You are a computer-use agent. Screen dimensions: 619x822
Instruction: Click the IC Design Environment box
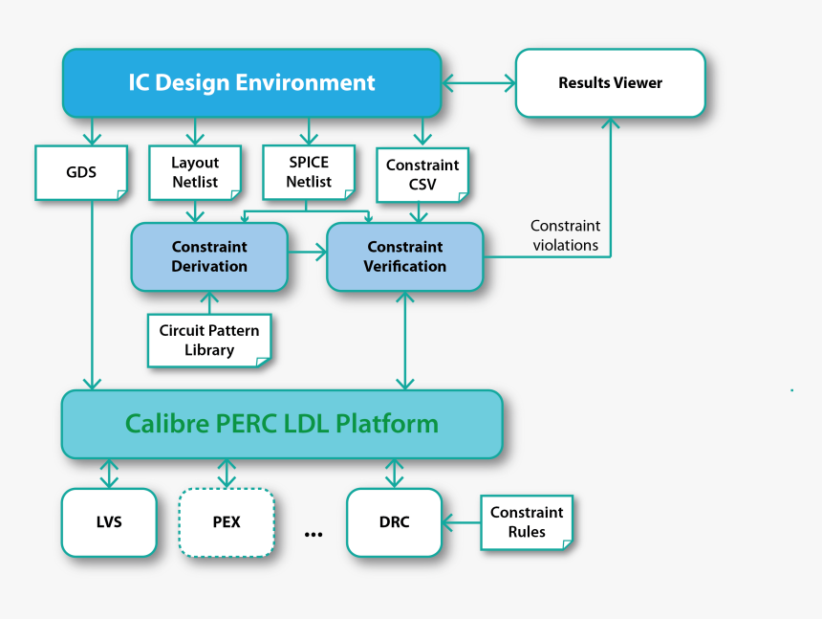(251, 82)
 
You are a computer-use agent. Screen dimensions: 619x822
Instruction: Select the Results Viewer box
(610, 83)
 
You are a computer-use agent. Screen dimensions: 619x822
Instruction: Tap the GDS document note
(81, 173)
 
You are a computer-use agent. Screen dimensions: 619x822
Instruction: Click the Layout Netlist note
(195, 173)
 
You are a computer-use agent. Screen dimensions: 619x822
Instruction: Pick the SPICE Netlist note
(308, 172)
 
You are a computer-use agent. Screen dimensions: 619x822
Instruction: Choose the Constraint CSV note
(422, 174)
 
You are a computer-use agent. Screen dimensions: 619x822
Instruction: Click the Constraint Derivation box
(209, 256)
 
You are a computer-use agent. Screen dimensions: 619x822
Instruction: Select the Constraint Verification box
(405, 256)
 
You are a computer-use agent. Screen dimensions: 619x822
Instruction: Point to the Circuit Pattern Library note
(209, 341)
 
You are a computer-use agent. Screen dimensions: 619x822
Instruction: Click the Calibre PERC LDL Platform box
(282, 424)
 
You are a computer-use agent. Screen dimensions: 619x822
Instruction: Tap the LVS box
(109, 522)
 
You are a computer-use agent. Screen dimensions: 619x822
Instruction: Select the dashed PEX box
(227, 522)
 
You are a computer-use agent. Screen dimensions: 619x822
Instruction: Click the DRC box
(394, 522)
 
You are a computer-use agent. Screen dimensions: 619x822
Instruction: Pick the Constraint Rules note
(527, 522)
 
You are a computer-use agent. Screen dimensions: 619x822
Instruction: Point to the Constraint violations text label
(565, 235)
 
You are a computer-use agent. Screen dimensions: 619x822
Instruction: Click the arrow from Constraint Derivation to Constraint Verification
(307, 254)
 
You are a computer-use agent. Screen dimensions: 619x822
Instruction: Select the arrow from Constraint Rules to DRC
(461, 522)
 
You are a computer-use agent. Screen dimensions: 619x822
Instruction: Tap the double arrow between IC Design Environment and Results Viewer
(478, 83)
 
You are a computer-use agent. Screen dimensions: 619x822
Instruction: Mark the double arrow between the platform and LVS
(109, 473)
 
